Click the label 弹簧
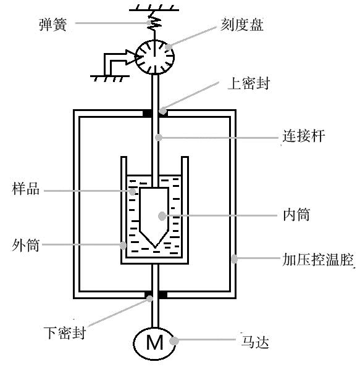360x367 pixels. (53, 24)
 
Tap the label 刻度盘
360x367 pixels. (242, 24)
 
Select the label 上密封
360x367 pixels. (249, 83)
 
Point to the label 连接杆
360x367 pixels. (304, 136)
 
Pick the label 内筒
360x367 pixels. (296, 215)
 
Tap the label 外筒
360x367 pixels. (25, 245)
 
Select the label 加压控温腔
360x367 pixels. (318, 259)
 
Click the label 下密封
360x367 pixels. (65, 332)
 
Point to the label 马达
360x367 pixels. (255, 342)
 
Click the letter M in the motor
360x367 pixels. (155, 342)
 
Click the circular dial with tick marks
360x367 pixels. (155, 57)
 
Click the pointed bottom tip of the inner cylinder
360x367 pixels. (155, 247)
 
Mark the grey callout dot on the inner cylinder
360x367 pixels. (162, 216)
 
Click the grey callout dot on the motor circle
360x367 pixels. (174, 340)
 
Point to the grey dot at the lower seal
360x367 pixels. (149, 299)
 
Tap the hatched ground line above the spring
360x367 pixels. (154, 8)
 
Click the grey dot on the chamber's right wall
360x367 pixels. (234, 259)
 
